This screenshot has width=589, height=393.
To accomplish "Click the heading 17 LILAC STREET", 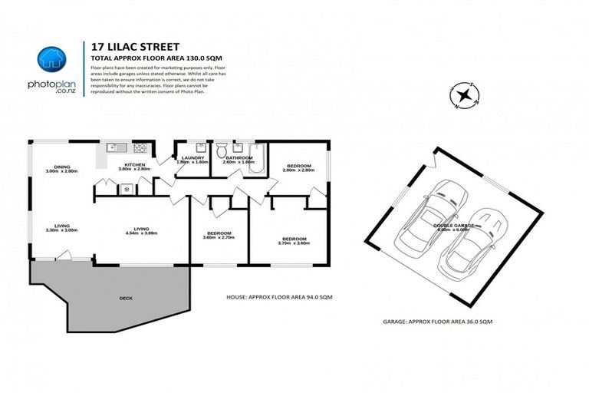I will (123, 47).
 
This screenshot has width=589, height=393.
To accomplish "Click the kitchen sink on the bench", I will (116, 147).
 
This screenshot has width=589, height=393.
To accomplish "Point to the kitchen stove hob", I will (140, 147).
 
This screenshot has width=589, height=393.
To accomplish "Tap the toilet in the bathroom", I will (221, 149).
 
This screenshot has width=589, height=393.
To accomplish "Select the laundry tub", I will (200, 147).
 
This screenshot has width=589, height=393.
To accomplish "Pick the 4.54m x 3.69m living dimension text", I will (141, 233).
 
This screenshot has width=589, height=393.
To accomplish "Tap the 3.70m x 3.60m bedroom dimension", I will (294, 243).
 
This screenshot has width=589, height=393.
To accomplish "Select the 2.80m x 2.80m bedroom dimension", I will (298, 171).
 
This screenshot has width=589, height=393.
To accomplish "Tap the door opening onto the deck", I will (65, 256).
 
